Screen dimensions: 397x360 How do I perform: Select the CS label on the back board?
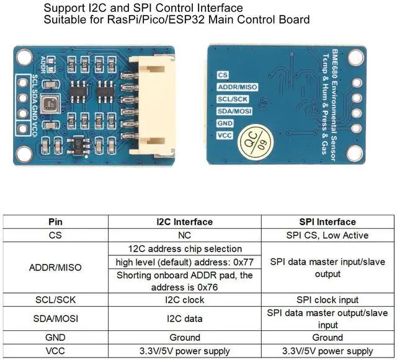coord(223,75)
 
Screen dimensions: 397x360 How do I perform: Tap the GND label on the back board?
coord(225,124)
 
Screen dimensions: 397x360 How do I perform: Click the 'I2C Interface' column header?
coord(185,222)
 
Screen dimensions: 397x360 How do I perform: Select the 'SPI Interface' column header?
coord(327,222)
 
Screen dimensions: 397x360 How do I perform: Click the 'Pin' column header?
coord(55,222)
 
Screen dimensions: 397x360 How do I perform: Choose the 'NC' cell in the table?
coord(185,235)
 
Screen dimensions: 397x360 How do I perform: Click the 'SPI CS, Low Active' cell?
coord(327,235)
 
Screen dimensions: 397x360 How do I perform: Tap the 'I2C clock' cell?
coord(185,300)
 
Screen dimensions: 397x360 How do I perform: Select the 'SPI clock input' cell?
coord(327,300)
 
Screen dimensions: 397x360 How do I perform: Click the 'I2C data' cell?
coord(185,318)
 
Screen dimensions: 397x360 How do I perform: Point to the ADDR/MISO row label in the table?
coord(55,268)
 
